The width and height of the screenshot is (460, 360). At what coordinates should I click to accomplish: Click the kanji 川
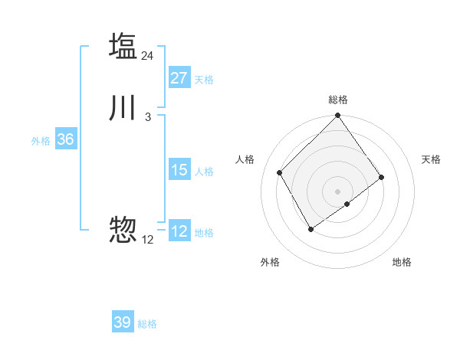[x=123, y=108]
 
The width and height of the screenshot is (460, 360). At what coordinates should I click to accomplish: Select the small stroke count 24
[x=148, y=56]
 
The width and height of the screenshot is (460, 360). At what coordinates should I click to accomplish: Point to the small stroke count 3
[x=148, y=117]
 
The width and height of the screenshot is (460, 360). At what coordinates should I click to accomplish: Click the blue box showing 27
[x=179, y=78]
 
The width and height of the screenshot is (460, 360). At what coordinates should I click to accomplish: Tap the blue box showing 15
[x=179, y=170]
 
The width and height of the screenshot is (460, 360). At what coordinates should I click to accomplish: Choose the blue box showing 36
[x=65, y=139]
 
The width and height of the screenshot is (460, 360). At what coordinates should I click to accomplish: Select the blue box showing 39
[x=123, y=322]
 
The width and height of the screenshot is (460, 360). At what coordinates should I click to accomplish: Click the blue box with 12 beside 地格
[x=179, y=231]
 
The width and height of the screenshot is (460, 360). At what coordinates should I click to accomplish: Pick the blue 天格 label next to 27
[x=204, y=79]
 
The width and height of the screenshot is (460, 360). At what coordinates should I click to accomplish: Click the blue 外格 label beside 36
[x=41, y=141]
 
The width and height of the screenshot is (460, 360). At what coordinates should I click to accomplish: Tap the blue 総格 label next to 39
[x=147, y=324]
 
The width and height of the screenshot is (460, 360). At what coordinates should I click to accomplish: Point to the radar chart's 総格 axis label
[x=338, y=100]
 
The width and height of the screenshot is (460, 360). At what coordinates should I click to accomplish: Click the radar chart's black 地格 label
[x=402, y=262]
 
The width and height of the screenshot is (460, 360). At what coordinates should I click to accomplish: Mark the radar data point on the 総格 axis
[x=338, y=116]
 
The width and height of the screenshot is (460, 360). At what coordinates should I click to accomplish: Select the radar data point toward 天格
[x=382, y=177]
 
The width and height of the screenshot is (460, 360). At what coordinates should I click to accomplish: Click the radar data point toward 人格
[x=280, y=172]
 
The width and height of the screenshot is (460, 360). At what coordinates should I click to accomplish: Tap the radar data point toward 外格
[x=310, y=229]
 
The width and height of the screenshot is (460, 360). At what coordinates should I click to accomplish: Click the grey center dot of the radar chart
[x=338, y=191]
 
